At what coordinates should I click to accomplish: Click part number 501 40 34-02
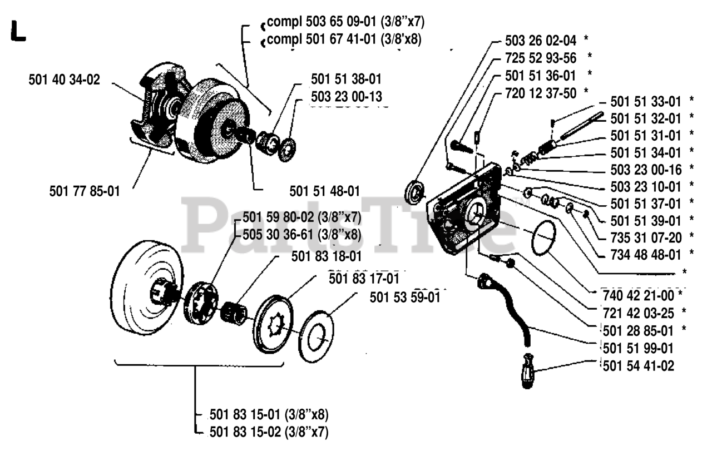[x=64, y=80]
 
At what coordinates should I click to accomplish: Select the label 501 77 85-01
[x=84, y=191]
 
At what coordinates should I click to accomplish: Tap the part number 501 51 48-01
[x=324, y=191]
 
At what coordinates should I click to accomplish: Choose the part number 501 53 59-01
[x=405, y=298]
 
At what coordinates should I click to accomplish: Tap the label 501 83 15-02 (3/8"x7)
[x=269, y=431]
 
